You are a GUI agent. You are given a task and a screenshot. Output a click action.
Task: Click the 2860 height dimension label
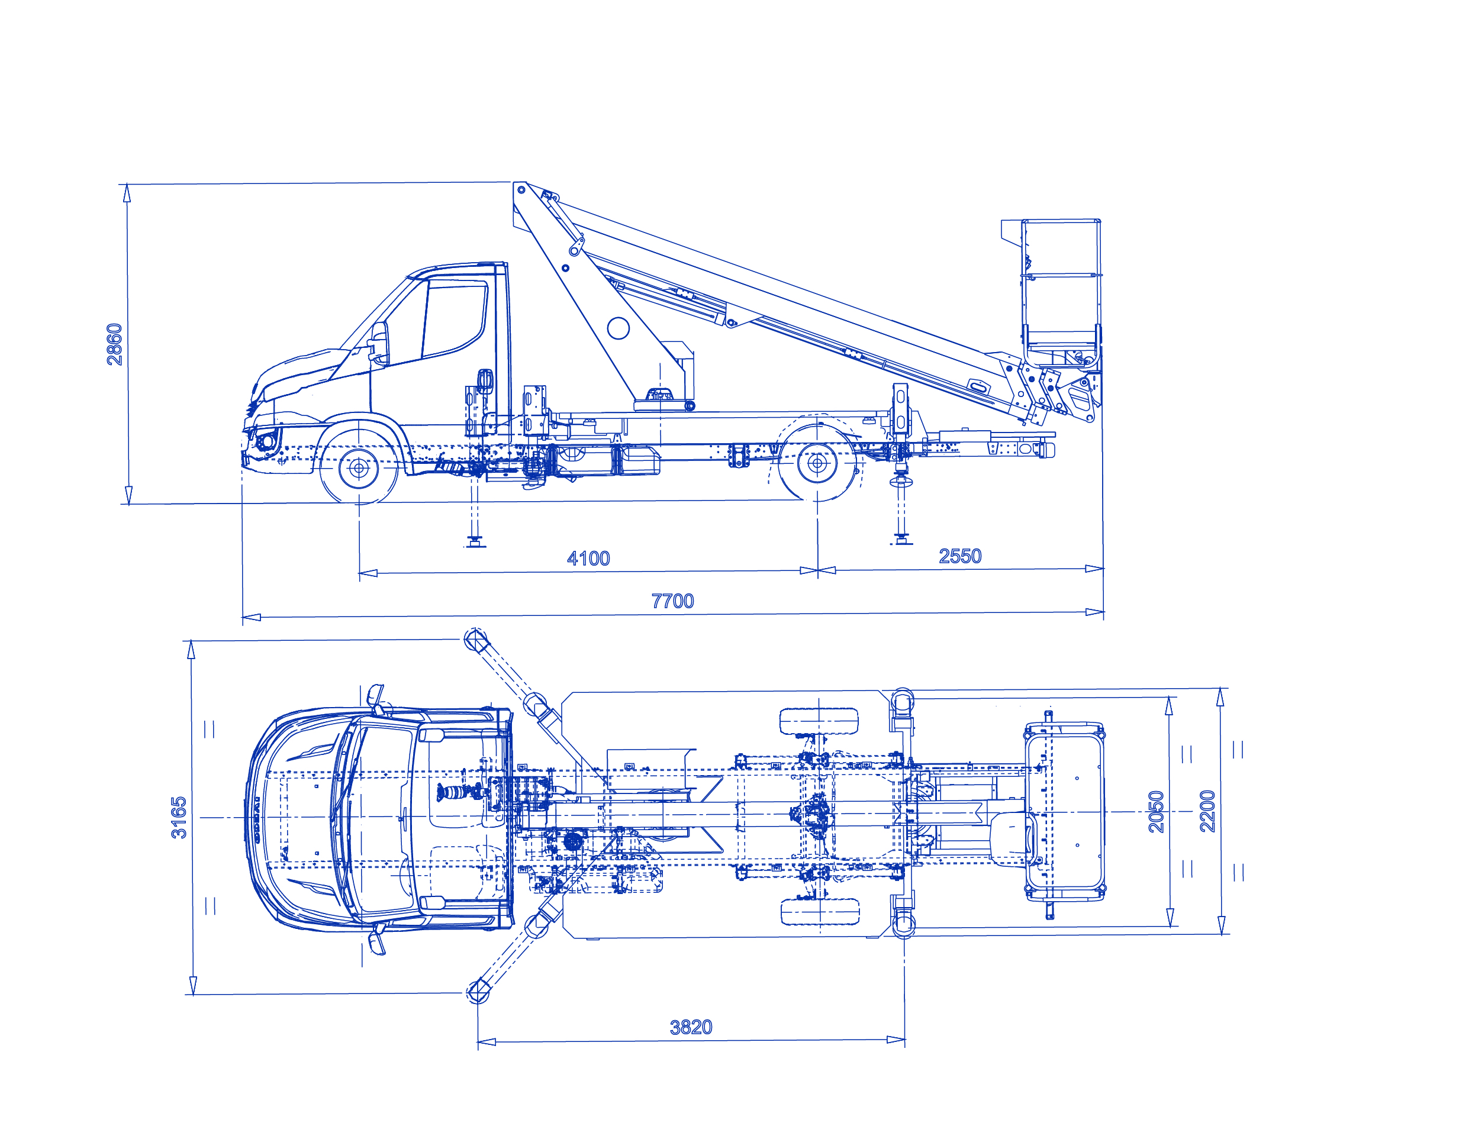[x=115, y=344]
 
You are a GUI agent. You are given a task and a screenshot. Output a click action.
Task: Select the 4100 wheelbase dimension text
[x=588, y=558]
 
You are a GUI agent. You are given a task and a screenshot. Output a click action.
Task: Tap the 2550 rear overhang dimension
[x=961, y=556]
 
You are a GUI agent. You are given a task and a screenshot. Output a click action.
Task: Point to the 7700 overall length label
[x=672, y=601]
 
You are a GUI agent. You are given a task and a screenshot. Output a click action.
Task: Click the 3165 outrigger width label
[x=179, y=818]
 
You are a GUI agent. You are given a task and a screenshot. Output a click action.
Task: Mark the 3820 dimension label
[x=691, y=1027]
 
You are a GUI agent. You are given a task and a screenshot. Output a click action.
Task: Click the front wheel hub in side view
[x=359, y=467]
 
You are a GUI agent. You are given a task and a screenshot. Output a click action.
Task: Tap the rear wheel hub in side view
[x=817, y=463]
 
